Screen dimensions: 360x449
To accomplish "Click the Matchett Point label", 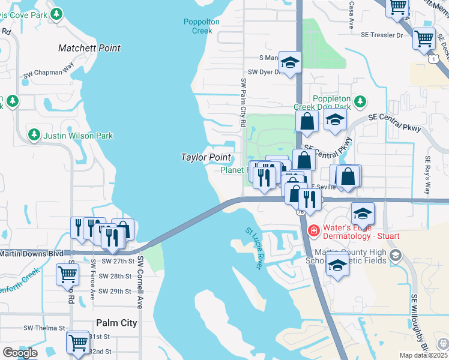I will point(89,48).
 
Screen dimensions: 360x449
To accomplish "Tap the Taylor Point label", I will point(206,157).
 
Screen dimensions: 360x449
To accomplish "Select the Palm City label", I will point(116,323).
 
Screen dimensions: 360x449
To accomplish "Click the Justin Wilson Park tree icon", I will point(35,135).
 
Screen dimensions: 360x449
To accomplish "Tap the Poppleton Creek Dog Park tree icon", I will point(360,101).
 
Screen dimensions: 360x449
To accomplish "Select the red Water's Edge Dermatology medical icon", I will point(313,230).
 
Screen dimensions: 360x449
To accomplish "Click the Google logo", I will point(20,353).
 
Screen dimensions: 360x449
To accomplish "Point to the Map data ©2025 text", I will point(423,355).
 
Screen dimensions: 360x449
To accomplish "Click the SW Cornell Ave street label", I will point(140,282).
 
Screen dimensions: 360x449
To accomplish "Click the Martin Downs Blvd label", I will point(31,254).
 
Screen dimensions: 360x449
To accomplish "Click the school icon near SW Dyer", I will point(291,63).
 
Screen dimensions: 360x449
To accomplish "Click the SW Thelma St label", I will point(44,328).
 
